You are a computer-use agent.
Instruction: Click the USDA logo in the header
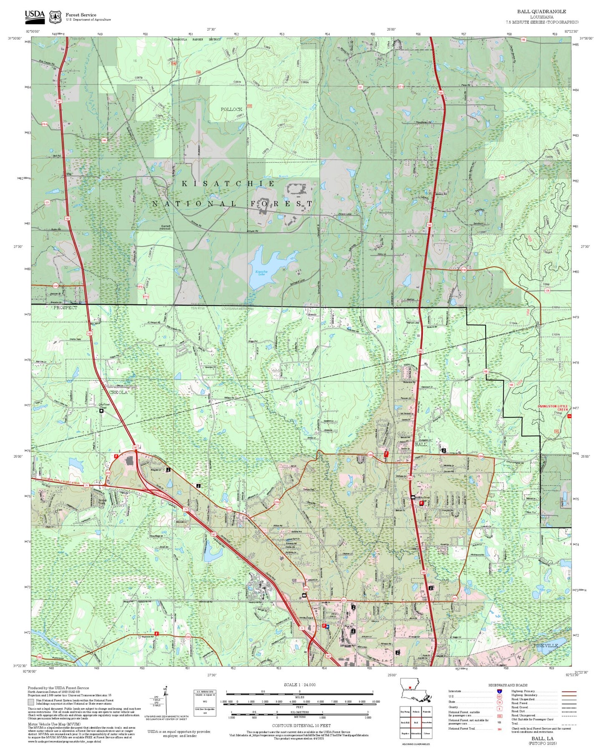pos(35,16)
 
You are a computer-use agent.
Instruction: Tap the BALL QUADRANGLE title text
pos(541,11)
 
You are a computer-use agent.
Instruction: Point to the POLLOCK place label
pos(231,109)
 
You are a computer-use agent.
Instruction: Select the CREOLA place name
pos(118,392)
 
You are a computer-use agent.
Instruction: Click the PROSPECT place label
pos(65,307)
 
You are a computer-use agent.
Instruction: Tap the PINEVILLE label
pos(545,645)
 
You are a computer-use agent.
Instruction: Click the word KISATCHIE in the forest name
pos(228,183)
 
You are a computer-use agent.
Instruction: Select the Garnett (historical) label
pos(166,227)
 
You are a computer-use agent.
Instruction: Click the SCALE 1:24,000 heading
pos(299,685)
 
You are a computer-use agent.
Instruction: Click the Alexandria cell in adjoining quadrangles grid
pos(416,733)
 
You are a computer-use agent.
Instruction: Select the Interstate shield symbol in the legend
pos(499,691)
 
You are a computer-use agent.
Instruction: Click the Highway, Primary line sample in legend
pos(569,691)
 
